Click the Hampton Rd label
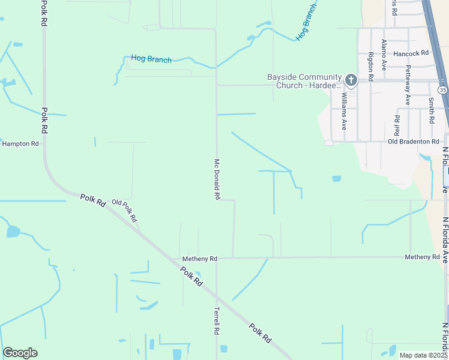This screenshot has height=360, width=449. point(20,144)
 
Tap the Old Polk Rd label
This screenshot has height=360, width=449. point(125,210)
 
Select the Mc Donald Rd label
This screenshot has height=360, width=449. point(217,179)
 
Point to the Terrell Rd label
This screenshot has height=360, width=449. point(217,322)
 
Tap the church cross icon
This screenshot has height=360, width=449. point(352,79)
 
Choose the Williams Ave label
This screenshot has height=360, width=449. point(344,112)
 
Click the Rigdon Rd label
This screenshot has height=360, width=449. point(371,66)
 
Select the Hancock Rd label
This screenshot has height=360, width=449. point(411,53)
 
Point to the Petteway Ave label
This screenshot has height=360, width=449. point(408,85)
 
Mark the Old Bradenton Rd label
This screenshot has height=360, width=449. point(414,142)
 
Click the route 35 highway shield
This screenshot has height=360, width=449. point(442,89)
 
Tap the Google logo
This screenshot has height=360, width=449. point(20,353)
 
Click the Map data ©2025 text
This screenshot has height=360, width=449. point(424,355)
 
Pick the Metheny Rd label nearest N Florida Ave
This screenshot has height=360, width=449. point(422,257)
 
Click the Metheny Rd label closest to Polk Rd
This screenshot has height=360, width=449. point(199,259)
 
